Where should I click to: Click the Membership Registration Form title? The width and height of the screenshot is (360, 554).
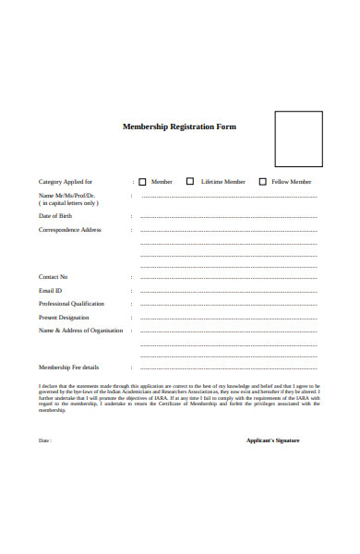click(x=180, y=126)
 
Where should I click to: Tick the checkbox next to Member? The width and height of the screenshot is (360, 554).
click(x=143, y=182)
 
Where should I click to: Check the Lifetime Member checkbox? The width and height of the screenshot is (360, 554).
click(x=190, y=182)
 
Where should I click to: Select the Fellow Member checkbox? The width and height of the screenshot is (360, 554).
click(x=262, y=182)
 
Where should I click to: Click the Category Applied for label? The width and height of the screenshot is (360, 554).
click(x=65, y=182)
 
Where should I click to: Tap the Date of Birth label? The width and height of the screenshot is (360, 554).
click(x=55, y=216)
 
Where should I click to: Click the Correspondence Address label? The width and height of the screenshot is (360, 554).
click(x=70, y=230)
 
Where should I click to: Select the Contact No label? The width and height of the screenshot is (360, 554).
click(x=53, y=277)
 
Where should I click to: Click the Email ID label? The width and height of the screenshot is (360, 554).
click(x=50, y=291)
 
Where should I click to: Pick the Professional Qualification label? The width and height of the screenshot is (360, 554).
click(x=71, y=304)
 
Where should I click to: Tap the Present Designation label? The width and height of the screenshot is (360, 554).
click(x=64, y=317)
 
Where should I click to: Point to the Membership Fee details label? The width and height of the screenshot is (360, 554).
click(x=68, y=367)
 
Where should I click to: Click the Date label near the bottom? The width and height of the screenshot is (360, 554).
click(x=44, y=440)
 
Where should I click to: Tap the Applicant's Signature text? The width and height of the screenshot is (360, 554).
click(x=273, y=440)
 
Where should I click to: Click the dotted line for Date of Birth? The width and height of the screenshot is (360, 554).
click(x=228, y=217)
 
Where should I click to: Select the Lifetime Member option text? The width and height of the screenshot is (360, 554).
click(x=223, y=182)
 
